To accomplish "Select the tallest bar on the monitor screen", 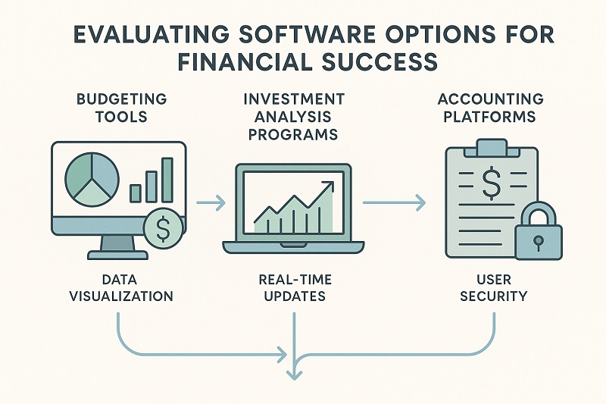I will pyautogui.click(x=167, y=180).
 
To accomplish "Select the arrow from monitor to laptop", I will pyautogui.click(x=211, y=202).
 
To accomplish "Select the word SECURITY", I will pyautogui.click(x=492, y=296).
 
